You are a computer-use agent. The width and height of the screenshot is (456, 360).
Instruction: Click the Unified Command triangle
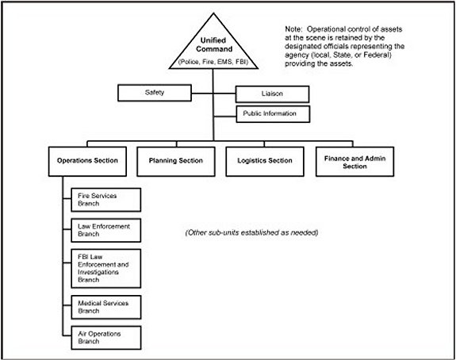coord(213,47)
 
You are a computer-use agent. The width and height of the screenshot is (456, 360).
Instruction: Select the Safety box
coord(155,93)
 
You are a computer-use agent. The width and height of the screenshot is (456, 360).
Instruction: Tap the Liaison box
coord(272,94)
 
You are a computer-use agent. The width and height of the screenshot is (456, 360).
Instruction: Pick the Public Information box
coord(273,114)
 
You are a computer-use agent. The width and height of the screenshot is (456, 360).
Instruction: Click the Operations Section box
coord(87,162)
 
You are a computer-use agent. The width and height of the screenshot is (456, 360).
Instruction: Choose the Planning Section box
coord(176,162)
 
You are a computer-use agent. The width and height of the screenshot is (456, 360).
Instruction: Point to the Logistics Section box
coord(265,162)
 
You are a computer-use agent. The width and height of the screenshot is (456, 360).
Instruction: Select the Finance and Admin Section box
coord(354,162)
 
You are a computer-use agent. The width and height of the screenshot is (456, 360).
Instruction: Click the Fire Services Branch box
coord(106,200)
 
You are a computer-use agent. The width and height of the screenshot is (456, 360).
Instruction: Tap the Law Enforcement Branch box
coord(106,230)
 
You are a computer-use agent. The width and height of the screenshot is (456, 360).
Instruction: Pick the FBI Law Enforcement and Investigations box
coord(106,268)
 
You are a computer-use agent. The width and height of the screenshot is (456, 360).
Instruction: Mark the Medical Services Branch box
coord(106,307)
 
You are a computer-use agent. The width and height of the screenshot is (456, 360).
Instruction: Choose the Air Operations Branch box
coord(106,338)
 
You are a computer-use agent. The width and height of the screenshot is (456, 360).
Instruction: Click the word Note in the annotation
coord(293,29)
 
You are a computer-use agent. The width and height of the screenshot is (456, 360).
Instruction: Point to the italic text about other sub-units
coord(252,232)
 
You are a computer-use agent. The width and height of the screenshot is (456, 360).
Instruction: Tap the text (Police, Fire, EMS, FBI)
coord(213,62)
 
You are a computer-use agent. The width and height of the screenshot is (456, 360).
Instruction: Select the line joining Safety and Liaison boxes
coord(213,94)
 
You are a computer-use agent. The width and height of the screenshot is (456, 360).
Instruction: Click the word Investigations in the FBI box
coord(98,273)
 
